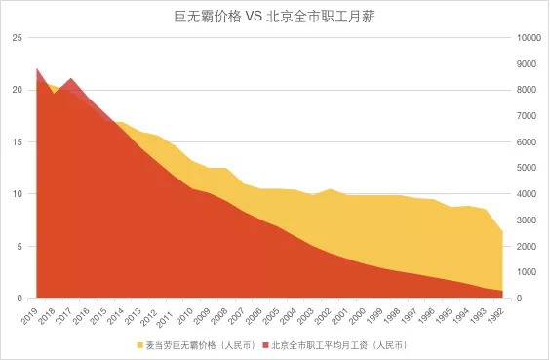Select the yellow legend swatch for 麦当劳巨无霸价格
139,345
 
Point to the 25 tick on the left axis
16,37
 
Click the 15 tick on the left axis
16,141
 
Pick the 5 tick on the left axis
19,246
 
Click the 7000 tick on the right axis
528,116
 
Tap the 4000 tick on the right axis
528,194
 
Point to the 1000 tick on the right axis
528,272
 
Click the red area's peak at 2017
71,78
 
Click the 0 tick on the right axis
519,299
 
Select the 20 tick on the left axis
16,90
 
